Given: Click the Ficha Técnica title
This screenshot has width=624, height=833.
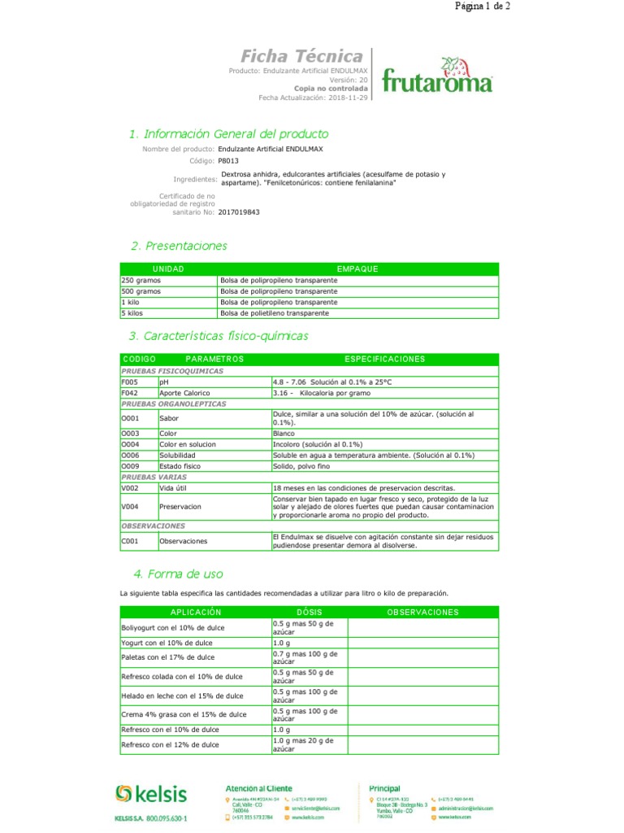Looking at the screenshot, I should point(301,56).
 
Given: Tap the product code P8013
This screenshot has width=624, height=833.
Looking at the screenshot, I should point(230,161).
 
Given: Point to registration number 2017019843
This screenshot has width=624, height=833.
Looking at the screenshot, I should point(240,212).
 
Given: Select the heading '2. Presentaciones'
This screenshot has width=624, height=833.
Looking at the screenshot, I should point(179,246).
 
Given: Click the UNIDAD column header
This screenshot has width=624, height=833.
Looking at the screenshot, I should point(168,268).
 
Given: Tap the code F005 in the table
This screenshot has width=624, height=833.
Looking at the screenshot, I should point(130,382).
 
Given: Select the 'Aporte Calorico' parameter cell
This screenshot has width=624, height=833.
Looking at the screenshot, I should point(179,393).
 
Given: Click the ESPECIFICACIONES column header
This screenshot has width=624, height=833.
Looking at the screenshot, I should point(385,359).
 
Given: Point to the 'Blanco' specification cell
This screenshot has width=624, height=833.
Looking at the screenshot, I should point(284,434).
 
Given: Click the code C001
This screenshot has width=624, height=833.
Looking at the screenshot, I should point(130,541).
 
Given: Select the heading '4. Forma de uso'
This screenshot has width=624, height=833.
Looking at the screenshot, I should point(177,574).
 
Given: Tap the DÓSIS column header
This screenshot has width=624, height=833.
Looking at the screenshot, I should point(309,612).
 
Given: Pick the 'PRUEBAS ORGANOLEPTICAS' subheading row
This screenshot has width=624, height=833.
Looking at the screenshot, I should point(174,403).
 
